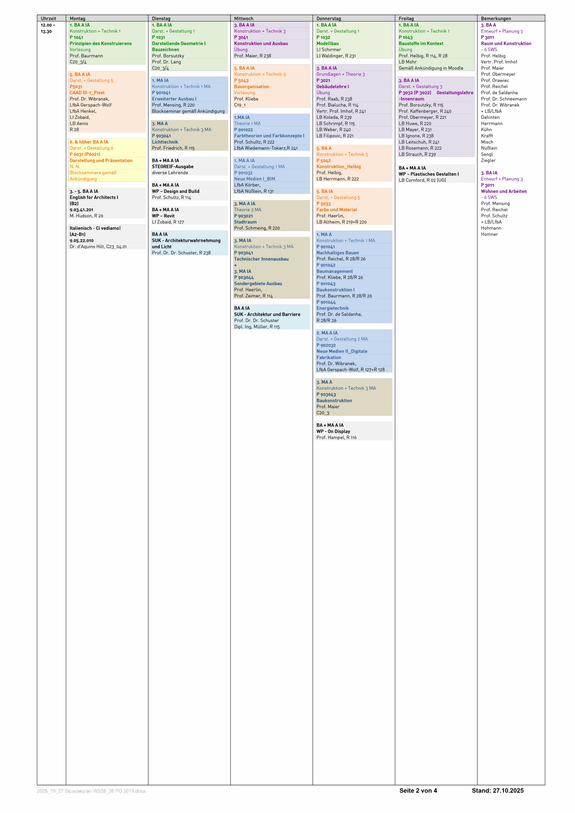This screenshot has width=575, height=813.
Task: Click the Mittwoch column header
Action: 244,18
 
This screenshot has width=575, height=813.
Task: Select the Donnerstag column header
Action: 329,18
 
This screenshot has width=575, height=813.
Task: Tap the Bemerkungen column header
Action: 496,18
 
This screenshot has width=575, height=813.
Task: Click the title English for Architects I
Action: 94,198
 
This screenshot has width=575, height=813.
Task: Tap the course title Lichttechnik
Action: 165,142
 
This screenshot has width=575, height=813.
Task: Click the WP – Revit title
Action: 163,216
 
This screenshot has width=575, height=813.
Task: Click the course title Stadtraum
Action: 245,222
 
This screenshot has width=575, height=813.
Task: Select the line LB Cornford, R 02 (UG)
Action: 422,180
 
